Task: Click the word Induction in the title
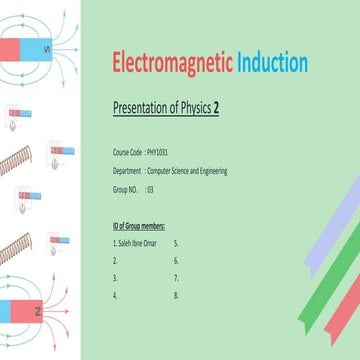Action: point(273,63)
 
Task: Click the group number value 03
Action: point(150,187)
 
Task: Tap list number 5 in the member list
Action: point(176,242)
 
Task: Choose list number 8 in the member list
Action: point(176,296)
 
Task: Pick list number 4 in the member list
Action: point(116,296)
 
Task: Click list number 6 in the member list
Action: point(176,260)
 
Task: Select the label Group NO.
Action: point(127,187)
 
